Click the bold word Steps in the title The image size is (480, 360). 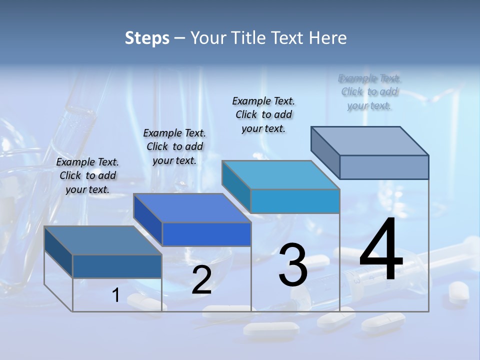(147, 38)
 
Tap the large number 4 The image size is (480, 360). (381, 250)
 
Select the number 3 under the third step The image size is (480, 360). (293, 265)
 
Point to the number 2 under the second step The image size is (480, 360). (201, 280)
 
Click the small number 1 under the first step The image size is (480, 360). (116, 295)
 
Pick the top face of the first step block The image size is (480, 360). (102, 240)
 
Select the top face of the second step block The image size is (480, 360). (192, 208)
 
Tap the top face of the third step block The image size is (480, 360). (281, 175)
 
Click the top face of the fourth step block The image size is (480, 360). (370, 140)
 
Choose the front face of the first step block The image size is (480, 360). (117, 266)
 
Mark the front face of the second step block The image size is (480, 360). (206, 234)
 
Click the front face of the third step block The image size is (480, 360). (295, 201)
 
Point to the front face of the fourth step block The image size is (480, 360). (384, 167)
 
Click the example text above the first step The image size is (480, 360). (88, 175)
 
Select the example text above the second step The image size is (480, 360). (174, 146)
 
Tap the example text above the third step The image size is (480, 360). (263, 114)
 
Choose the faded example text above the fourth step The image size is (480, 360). (369, 91)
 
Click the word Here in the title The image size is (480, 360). (329, 38)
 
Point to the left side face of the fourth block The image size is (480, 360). (325, 152)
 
